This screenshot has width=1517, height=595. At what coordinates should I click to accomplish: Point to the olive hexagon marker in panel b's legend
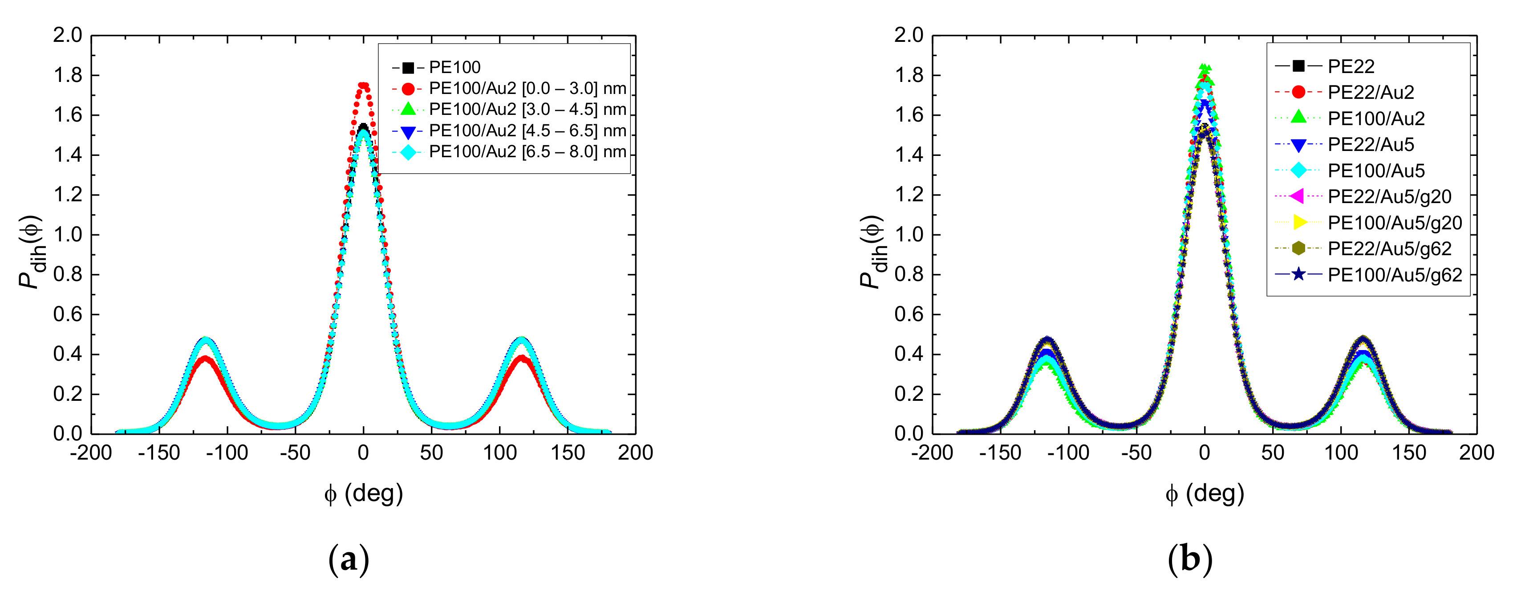(1298, 248)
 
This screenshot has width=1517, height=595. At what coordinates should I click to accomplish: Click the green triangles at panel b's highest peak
(1205, 69)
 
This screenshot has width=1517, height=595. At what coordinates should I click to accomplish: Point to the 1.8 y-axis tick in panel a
(68, 75)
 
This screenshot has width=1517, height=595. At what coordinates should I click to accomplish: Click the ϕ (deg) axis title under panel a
(363, 493)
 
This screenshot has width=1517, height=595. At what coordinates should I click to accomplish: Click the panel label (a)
(349, 559)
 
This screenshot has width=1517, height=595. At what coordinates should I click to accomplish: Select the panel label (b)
(1189, 559)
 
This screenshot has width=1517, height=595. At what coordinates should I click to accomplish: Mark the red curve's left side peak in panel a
(204, 358)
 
